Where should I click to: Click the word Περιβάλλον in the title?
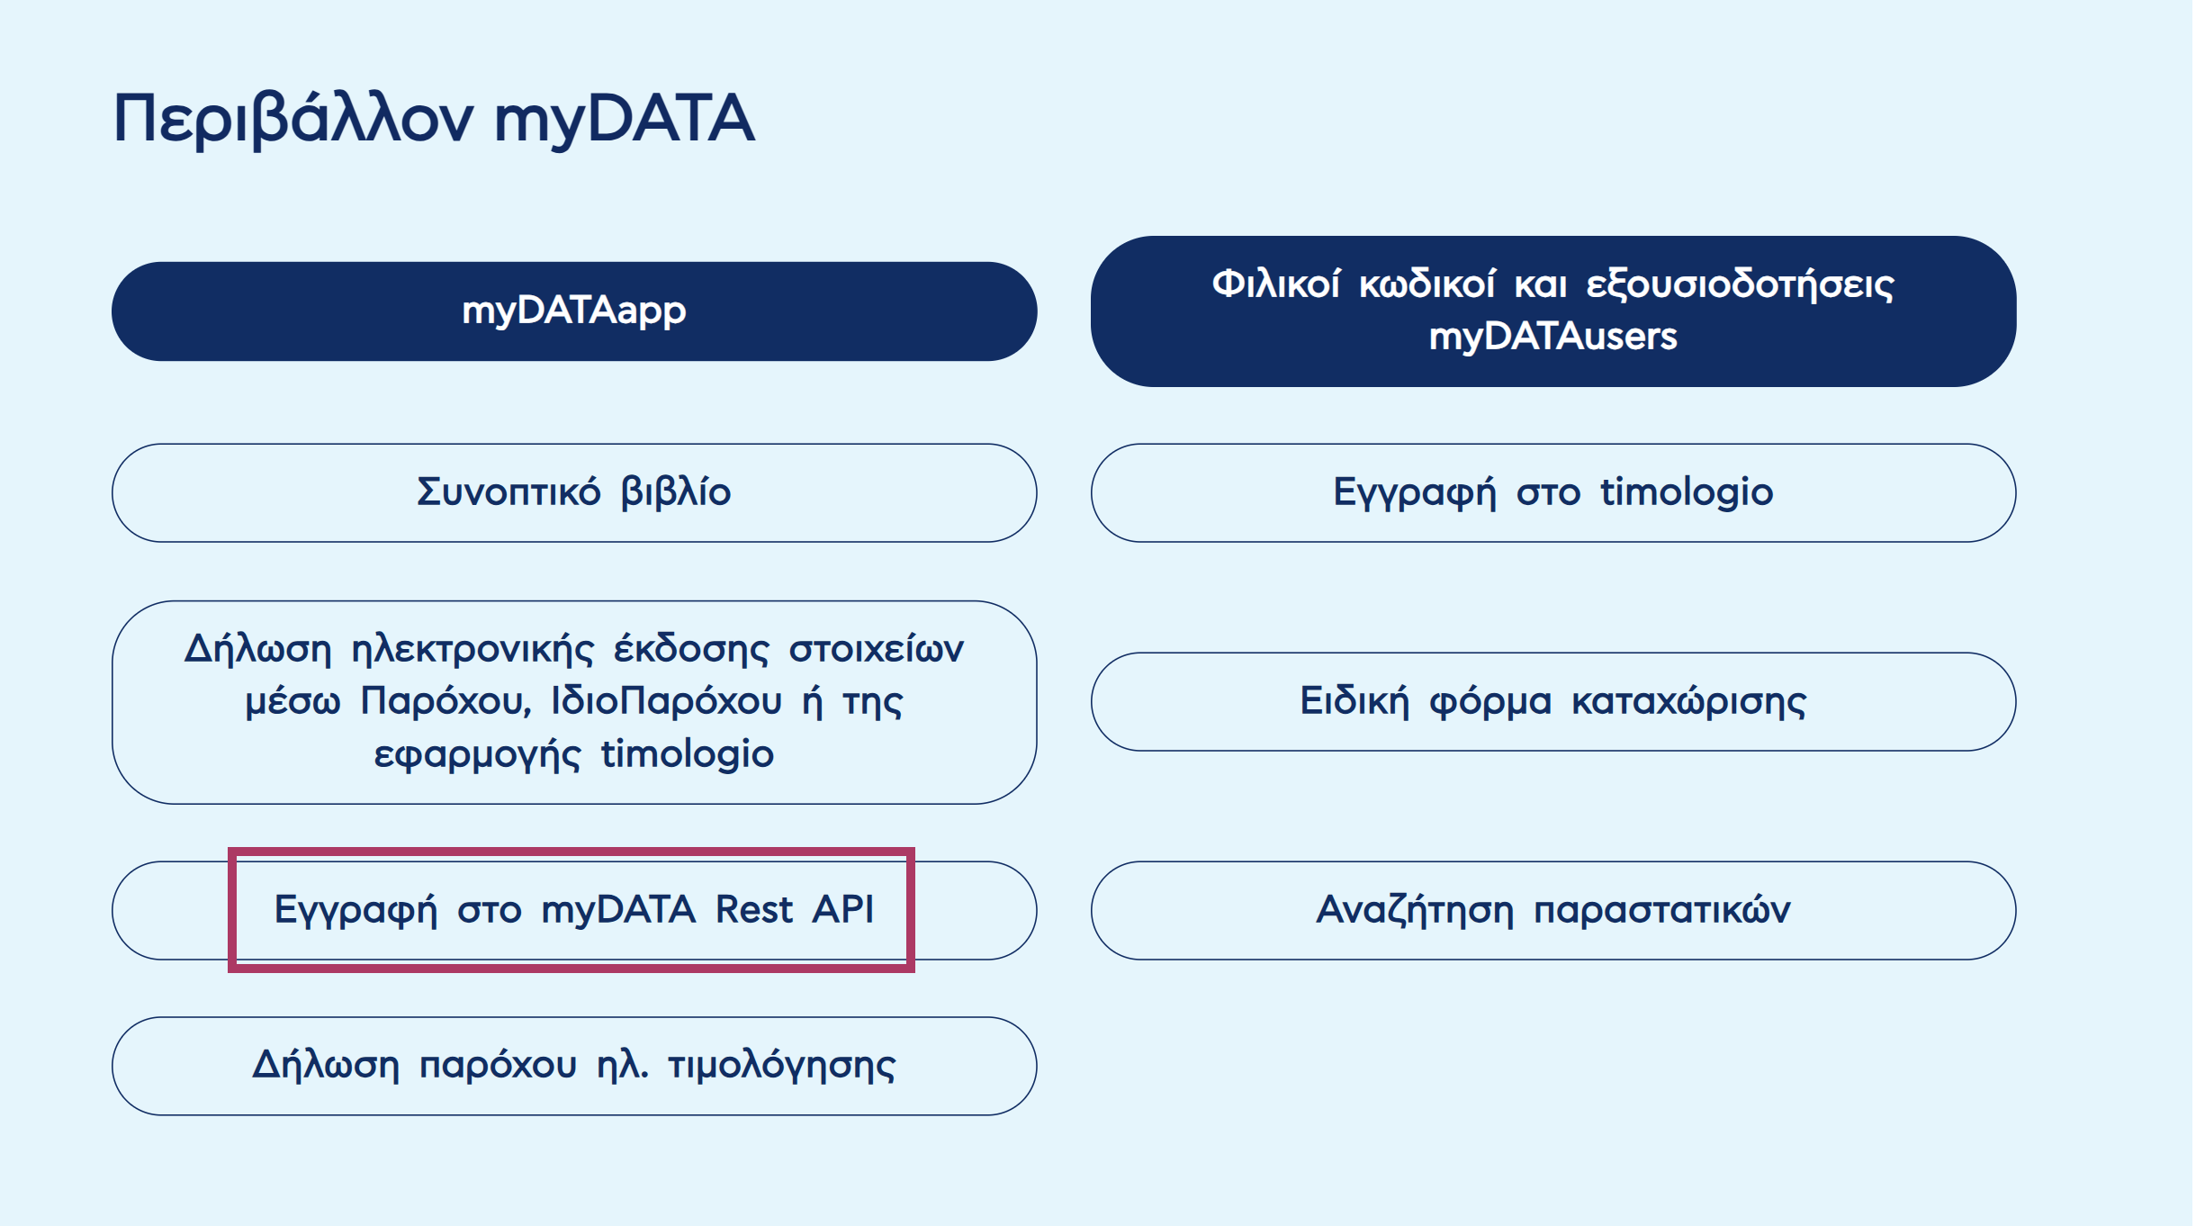[292, 120]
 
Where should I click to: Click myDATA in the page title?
[624, 120]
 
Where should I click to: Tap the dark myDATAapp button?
[573, 311]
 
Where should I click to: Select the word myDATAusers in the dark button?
[1552, 337]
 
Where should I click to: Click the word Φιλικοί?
[1275, 284]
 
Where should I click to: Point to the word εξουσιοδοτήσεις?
[1739, 284]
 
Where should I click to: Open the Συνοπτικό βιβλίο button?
[573, 492]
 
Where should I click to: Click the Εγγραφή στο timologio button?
[1552, 492]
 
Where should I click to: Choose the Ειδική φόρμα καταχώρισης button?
[1552, 701]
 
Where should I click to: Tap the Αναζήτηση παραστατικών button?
[1552, 910]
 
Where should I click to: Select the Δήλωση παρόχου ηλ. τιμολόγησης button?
[573, 1066]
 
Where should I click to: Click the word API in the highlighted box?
[842, 909]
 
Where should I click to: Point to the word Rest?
[754, 909]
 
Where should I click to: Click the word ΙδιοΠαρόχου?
[666, 701]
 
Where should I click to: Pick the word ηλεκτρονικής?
[472, 649]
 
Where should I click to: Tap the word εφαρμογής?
[477, 754]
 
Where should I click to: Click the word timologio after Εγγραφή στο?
[1686, 492]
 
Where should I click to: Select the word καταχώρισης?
[1688, 701]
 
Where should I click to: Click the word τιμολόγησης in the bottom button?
[781, 1066]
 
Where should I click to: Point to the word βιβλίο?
[675, 492]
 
